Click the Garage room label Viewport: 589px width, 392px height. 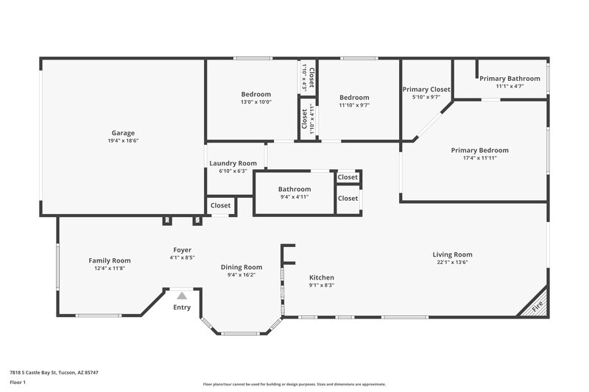(x=123, y=133)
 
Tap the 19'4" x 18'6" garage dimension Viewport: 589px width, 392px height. (x=123, y=140)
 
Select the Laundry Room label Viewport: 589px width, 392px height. (x=233, y=163)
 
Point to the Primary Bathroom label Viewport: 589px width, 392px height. (x=509, y=79)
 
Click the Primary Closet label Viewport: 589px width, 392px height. (x=426, y=89)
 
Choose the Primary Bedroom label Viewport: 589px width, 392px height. (x=479, y=150)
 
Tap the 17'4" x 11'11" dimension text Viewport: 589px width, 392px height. (x=479, y=157)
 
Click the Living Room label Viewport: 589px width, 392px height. (x=452, y=254)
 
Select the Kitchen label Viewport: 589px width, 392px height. (x=321, y=277)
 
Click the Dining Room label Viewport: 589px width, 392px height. (x=241, y=267)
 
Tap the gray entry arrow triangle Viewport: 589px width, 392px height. (x=181, y=295)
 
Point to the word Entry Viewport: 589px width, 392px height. (x=181, y=307)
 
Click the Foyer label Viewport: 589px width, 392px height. (x=182, y=250)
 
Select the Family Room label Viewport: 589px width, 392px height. (x=110, y=260)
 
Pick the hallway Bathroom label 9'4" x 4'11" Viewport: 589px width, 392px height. (x=294, y=189)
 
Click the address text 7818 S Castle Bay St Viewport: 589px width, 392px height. (x=54, y=372)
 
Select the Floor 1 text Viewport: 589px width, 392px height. (x=18, y=383)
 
